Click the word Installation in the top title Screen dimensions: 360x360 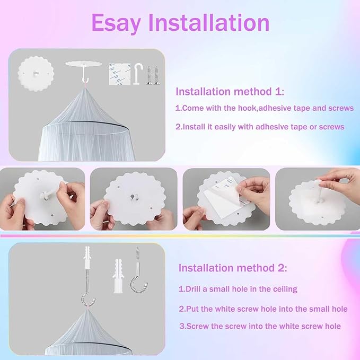208,23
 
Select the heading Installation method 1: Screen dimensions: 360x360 230,91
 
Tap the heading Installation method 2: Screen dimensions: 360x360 233,268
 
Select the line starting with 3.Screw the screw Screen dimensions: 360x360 259,326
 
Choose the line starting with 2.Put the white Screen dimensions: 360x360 263,308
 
